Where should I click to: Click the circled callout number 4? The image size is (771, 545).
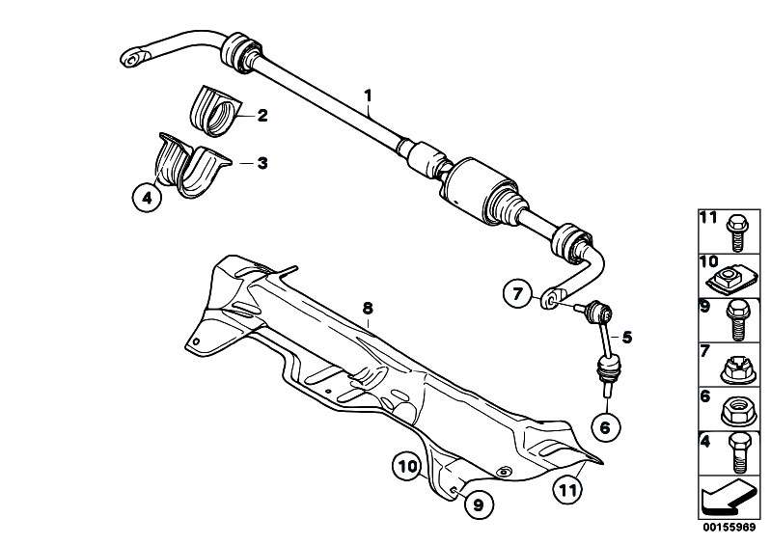coord(147,198)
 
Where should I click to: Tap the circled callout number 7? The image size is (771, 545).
coord(517,294)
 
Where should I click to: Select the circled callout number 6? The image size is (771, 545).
coord(606,427)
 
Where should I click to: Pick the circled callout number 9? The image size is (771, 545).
coord(479,504)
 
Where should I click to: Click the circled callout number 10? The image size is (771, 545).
coord(407,466)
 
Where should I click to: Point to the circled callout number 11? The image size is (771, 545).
coord(567,490)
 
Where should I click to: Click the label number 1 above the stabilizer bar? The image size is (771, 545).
coord(368,95)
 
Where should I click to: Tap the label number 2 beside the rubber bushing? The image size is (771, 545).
coord(262,116)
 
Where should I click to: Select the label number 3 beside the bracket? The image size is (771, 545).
coord(262,163)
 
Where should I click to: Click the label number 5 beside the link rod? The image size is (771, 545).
coord(627,337)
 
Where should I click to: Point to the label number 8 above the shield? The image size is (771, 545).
coord(368,309)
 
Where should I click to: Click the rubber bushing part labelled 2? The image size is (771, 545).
coord(215,111)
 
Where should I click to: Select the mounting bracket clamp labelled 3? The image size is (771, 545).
coord(193,165)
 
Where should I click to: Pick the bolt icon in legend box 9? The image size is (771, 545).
coord(737,320)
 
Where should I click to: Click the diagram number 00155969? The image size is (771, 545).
coord(729,528)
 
